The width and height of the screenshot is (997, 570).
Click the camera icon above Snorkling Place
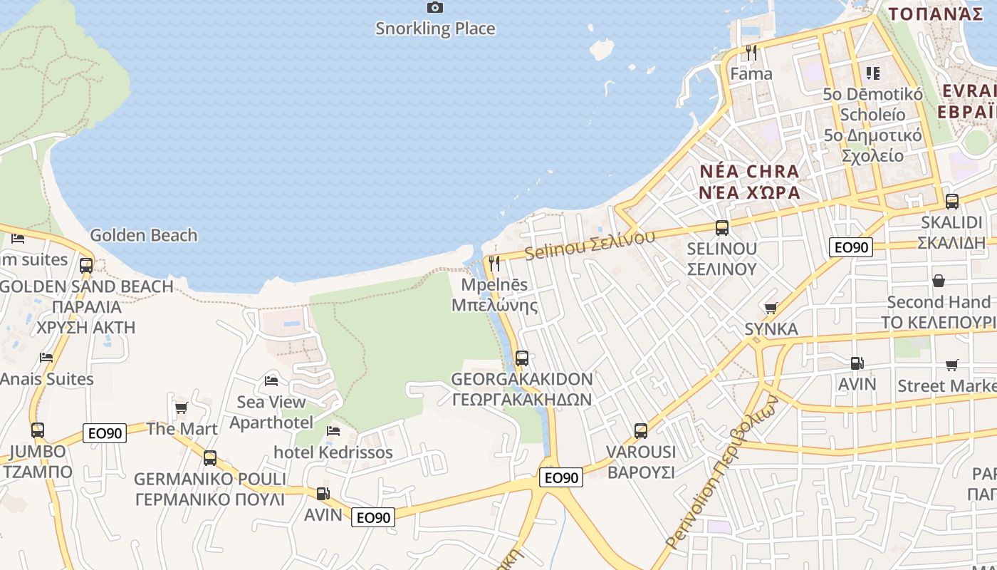tap(435, 8)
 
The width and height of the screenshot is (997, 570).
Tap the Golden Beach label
tap(144, 235)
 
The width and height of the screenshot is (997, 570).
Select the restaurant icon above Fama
tap(751, 52)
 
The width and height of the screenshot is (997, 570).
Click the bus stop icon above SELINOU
tap(722, 228)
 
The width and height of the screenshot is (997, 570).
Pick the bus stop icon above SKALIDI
tap(952, 202)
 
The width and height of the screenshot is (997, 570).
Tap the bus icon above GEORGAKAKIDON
tap(522, 358)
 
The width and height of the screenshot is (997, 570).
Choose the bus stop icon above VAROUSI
tap(641, 430)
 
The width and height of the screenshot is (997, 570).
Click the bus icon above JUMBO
tap(38, 430)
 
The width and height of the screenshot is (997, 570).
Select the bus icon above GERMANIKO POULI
tap(209, 457)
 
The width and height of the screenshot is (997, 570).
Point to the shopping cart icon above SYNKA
tap(771, 308)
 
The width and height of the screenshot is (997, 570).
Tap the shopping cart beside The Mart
tap(182, 408)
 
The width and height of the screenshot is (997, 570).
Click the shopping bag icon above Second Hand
tap(939, 281)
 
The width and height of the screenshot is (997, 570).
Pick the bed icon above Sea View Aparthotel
tap(271, 380)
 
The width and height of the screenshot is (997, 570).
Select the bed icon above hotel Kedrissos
tap(333, 430)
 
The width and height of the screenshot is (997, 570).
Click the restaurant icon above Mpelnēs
tap(494, 264)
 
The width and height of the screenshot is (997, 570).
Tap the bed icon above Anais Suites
tap(46, 357)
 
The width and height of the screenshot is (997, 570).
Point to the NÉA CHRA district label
tap(749, 172)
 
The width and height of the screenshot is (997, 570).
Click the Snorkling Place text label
tap(435, 28)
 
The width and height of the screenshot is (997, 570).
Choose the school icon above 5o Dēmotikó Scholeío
tap(872, 73)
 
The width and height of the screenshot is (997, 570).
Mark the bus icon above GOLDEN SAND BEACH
tap(86, 265)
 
